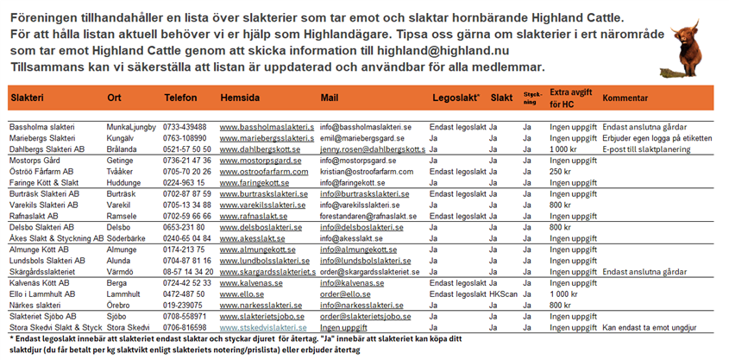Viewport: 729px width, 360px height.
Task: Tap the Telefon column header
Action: [180, 98]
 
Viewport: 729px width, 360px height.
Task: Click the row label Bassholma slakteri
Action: [42, 127]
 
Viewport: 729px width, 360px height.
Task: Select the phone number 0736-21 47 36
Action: [187, 161]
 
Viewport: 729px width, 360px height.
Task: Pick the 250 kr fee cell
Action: [562, 172]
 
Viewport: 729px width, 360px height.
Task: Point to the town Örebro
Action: [120, 305]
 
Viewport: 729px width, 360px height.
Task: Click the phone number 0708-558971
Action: [185, 317]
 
